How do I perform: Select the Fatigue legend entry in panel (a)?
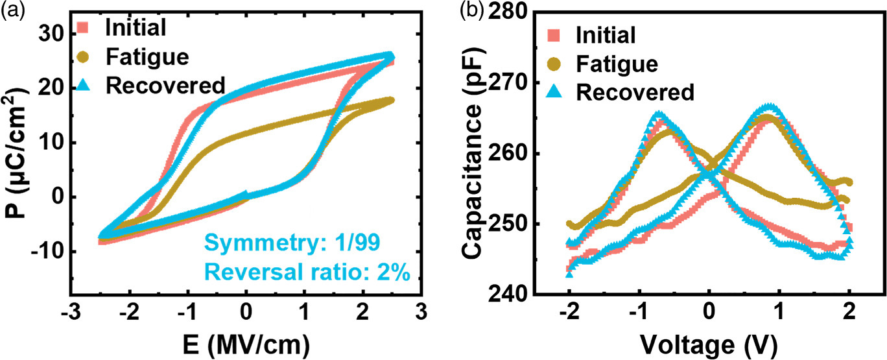tap(147, 56)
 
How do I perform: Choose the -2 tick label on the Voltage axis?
tap(568, 312)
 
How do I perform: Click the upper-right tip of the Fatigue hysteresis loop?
tap(390, 100)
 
